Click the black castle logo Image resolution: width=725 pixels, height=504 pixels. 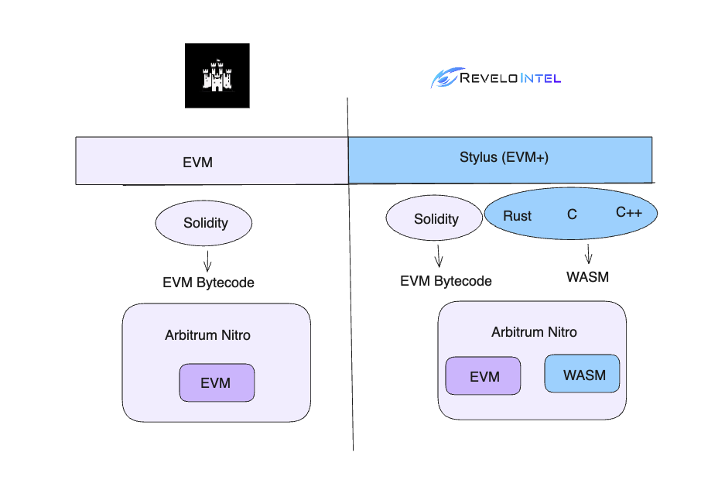point(217,75)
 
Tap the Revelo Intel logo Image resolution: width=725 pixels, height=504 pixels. point(496,77)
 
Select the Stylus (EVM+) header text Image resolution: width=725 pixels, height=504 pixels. point(504,157)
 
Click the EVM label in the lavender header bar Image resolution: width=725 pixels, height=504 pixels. point(197,163)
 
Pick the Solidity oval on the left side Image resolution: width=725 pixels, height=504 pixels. point(204,223)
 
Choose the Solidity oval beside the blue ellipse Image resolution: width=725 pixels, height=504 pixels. point(434,218)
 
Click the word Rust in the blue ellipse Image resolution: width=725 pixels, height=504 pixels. point(517,216)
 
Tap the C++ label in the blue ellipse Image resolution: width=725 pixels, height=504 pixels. point(629,212)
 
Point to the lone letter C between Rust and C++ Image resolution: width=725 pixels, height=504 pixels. point(572,214)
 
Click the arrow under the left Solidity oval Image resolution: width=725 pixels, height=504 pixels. point(207,261)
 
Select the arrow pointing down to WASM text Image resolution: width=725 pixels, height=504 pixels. point(589,254)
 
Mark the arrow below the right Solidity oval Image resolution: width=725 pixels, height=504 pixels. point(439,256)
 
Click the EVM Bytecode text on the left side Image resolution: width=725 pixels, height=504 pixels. point(208,283)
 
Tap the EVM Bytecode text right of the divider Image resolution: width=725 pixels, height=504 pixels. point(446,281)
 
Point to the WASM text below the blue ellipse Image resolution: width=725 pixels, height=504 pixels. point(588,276)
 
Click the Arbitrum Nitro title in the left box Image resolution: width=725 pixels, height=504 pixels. point(207,335)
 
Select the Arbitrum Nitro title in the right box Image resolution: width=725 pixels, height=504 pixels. point(534,332)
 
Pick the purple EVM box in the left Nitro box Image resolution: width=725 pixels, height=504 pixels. point(217,382)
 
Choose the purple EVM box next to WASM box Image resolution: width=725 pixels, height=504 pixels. point(483,375)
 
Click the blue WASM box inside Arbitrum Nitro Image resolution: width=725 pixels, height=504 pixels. point(582,373)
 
